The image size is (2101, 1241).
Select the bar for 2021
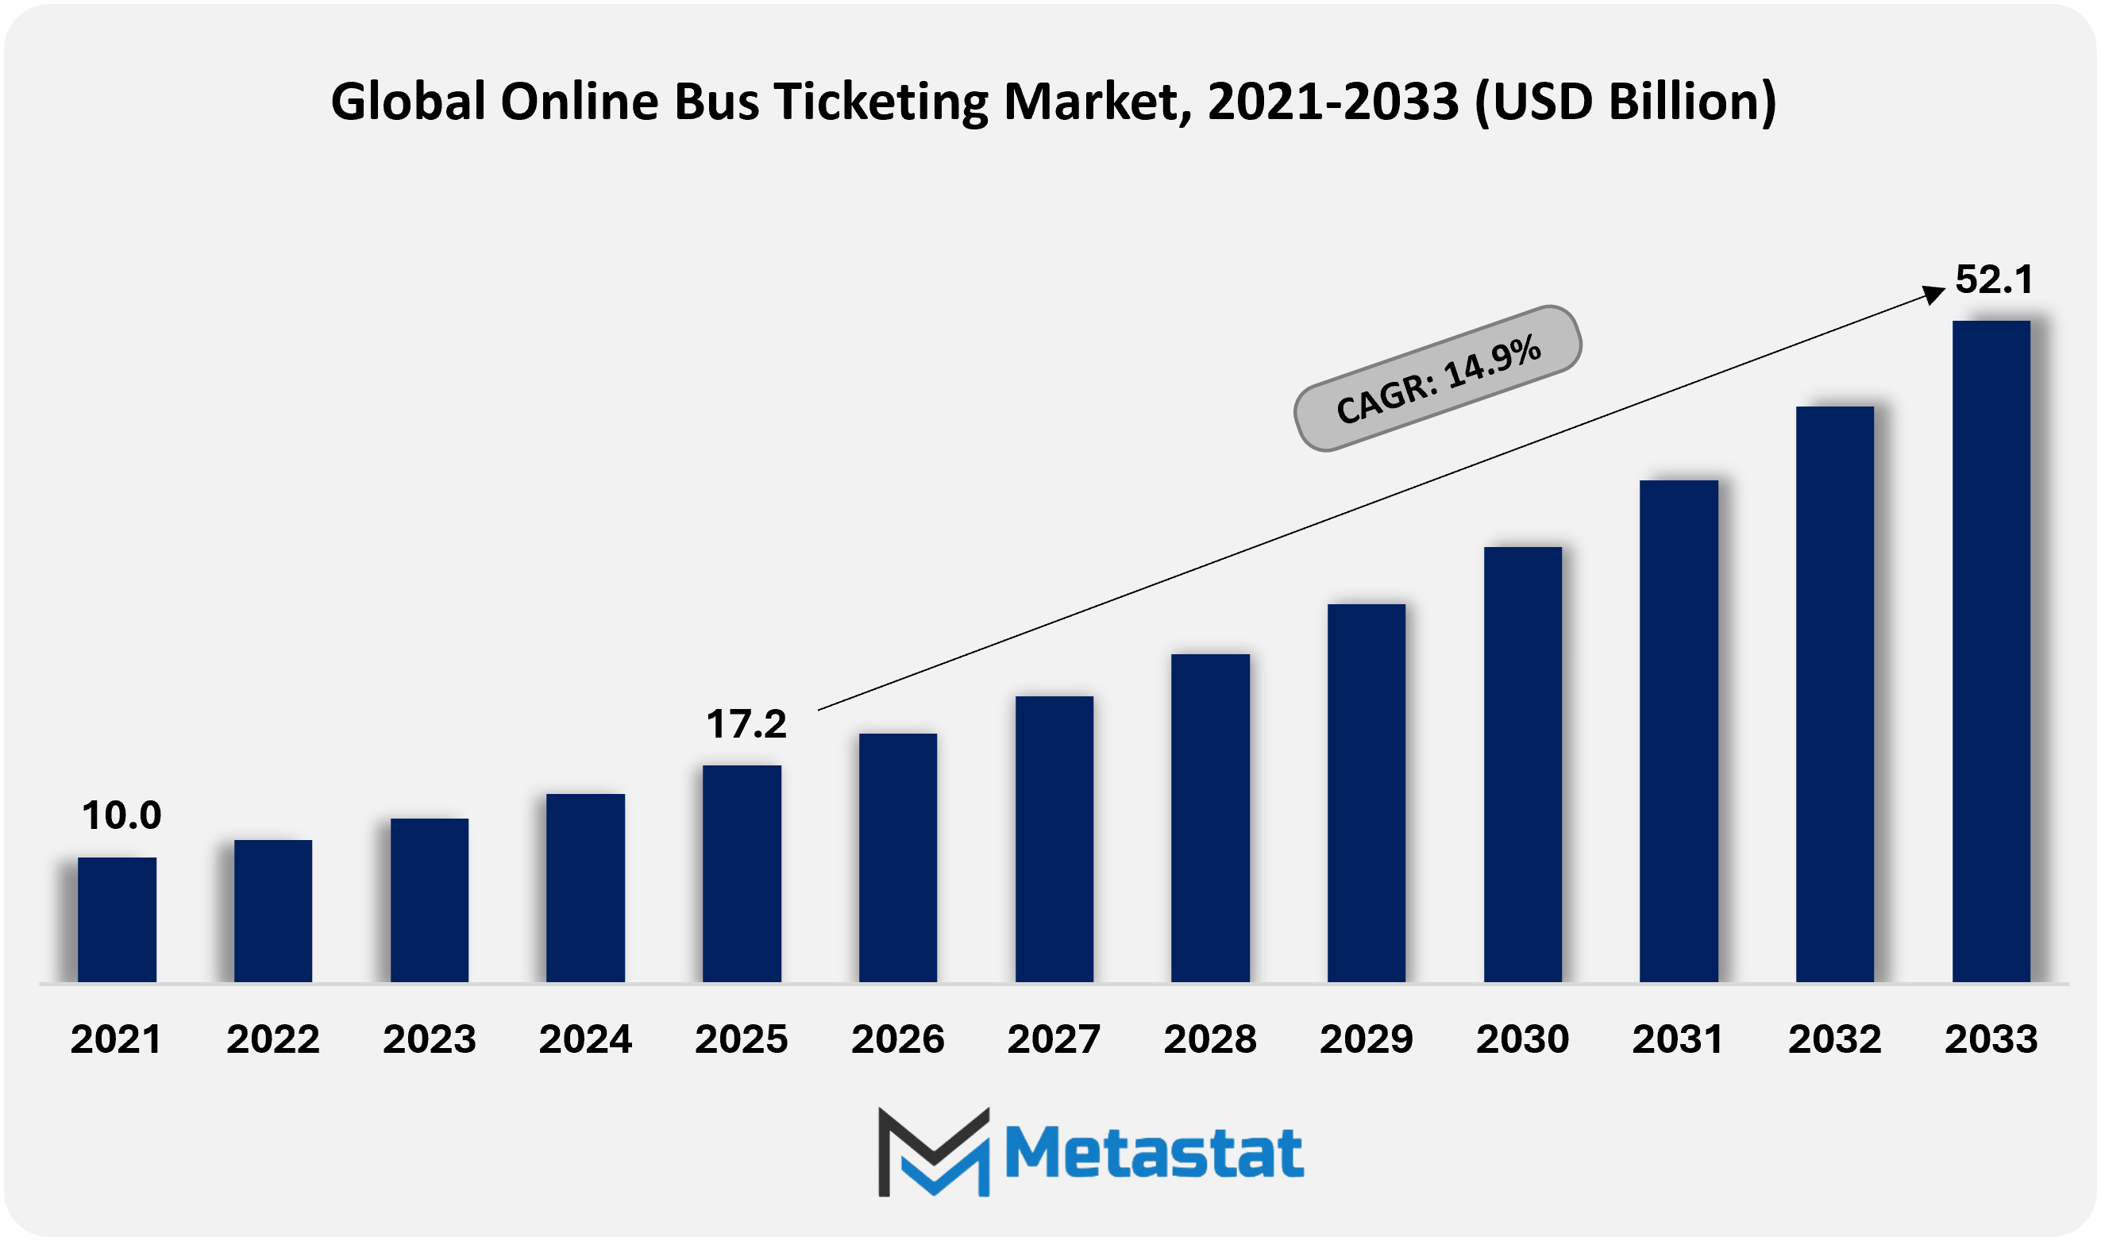pyautogui.click(x=117, y=919)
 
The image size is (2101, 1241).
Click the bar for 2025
pyautogui.click(x=742, y=873)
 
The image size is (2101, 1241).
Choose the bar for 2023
pyautogui.click(x=429, y=900)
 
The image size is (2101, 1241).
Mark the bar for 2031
pyautogui.click(x=1679, y=731)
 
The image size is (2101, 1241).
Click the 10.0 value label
pyautogui.click(x=121, y=815)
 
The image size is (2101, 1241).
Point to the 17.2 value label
pyautogui.click(x=746, y=724)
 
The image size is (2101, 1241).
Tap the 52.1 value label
pyautogui.click(x=1994, y=279)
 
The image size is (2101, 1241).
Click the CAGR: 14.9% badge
pyautogui.click(x=1437, y=379)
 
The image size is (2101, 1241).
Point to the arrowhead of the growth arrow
pyautogui.click(x=1933, y=294)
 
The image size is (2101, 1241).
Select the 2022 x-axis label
pyautogui.click(x=272, y=1039)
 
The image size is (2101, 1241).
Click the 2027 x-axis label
pyautogui.click(x=1054, y=1039)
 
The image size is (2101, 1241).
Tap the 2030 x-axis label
pyautogui.click(x=1522, y=1039)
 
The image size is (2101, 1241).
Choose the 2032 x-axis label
pyautogui.click(x=1834, y=1039)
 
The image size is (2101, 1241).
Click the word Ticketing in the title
pyautogui.click(x=881, y=102)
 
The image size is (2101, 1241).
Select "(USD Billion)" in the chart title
pyautogui.click(x=1625, y=102)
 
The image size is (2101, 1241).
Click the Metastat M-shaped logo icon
pyautogui.click(x=934, y=1151)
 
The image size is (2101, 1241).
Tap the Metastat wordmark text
pyautogui.click(x=1154, y=1153)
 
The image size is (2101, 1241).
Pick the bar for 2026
pyautogui.click(x=898, y=858)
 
